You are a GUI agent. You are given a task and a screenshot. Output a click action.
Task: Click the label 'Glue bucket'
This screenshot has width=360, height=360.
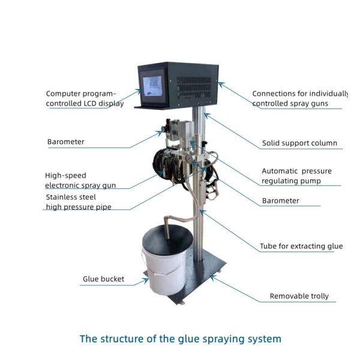click(x=104, y=279)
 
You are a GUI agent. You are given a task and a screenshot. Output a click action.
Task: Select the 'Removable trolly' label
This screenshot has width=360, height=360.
click(x=299, y=296)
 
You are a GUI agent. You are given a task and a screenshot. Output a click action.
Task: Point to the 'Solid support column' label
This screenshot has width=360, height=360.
click(x=299, y=143)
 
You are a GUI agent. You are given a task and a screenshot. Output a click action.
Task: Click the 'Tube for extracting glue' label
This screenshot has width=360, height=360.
click(x=301, y=246)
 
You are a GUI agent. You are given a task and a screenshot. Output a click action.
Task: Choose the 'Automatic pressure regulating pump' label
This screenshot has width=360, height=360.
click(x=296, y=176)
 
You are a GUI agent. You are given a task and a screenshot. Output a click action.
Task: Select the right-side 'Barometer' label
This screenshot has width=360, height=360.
click(x=280, y=201)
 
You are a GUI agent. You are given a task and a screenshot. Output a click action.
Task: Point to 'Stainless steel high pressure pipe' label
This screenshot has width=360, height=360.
click(x=79, y=202)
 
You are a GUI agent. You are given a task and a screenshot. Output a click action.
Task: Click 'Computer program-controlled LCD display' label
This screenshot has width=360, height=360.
click(x=85, y=98)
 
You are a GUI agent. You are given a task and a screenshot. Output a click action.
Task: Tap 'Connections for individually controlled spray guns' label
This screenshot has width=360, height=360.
click(x=299, y=98)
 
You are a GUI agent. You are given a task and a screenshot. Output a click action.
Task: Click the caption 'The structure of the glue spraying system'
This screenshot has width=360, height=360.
click(x=180, y=339)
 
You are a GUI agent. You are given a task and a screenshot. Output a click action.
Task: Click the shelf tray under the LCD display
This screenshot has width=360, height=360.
click(x=148, y=107)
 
